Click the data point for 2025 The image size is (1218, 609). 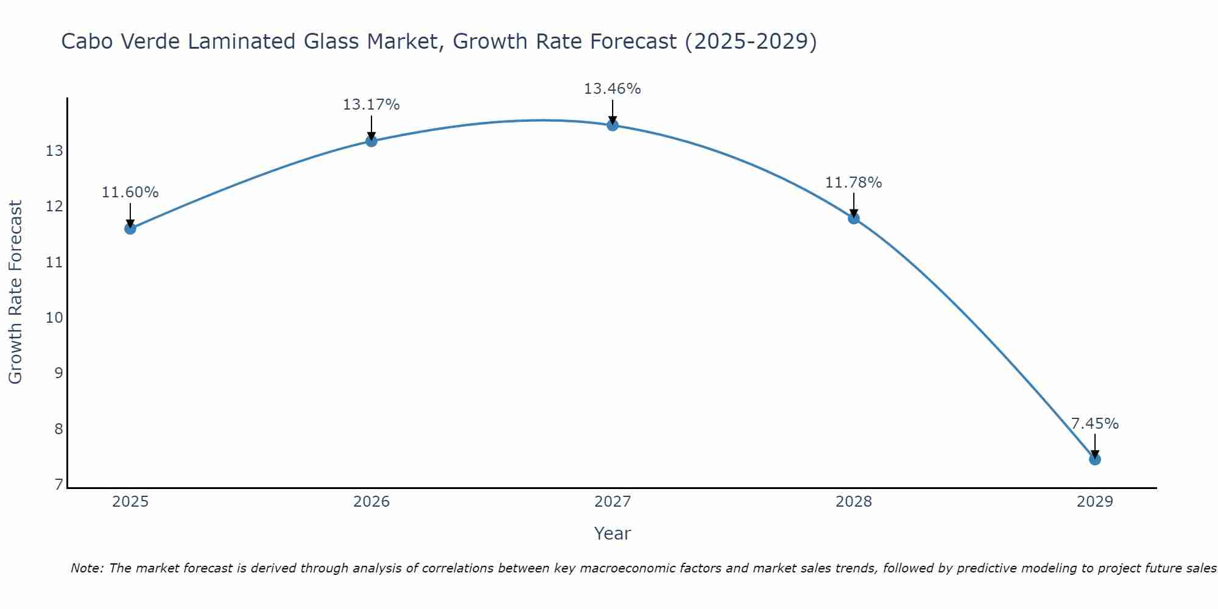coord(130,228)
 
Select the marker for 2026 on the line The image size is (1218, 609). coord(371,141)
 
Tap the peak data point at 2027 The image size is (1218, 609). coord(613,125)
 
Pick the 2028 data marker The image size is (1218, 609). coord(854,218)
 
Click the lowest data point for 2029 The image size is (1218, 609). coord(1095,459)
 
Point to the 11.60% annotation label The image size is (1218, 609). coord(130,192)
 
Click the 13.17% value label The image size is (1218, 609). coord(371,105)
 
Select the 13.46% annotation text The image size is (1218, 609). coord(613,89)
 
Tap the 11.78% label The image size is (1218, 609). coord(854,182)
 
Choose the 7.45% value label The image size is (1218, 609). coord(1095,424)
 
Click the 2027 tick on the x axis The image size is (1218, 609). coord(613,502)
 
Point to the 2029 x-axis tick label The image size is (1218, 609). coord(1095,502)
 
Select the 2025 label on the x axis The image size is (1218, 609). coord(130,502)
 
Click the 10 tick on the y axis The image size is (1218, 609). coord(54,318)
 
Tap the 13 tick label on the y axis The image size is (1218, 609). coord(54,151)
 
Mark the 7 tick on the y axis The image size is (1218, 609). coord(58,485)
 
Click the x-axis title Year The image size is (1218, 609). coord(613,533)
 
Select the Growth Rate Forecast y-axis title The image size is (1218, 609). coord(16,292)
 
